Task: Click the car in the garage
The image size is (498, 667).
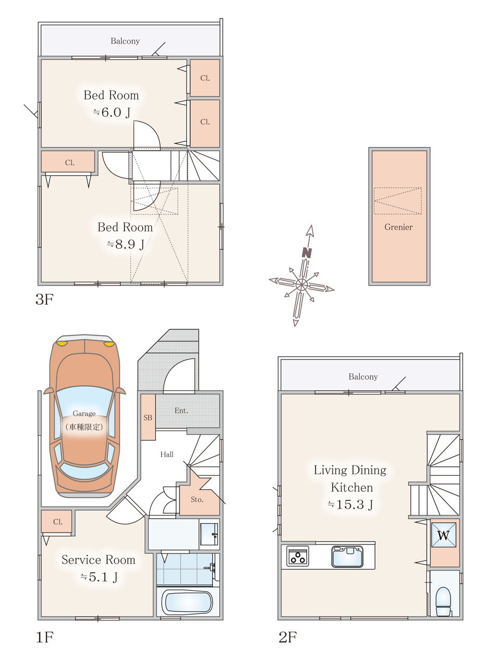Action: point(84,416)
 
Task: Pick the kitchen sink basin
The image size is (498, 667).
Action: point(347,557)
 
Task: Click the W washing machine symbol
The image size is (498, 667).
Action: point(444,535)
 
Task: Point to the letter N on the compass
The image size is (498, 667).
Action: point(307,253)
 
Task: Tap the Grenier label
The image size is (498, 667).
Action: point(398,227)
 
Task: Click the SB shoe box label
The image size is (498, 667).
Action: point(148,417)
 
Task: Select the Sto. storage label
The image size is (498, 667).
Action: point(197,500)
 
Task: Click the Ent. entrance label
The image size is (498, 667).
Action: point(181,411)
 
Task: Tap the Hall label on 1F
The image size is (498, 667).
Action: point(167,454)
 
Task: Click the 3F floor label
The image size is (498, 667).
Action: point(44,299)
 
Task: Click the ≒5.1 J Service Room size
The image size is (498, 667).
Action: point(99,577)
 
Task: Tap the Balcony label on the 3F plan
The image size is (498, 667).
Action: point(125,41)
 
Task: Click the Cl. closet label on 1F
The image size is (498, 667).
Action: point(58,522)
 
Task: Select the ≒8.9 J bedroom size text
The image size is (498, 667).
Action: point(126,244)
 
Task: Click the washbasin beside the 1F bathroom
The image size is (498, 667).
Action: point(209,535)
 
